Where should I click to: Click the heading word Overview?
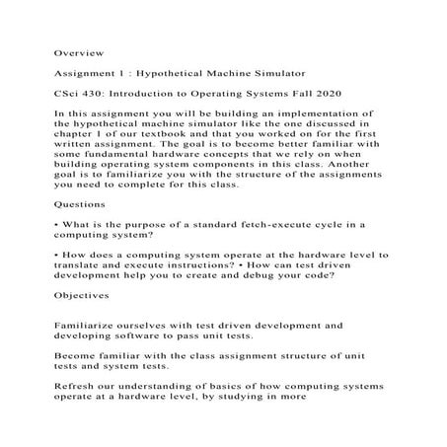point(78,49)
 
